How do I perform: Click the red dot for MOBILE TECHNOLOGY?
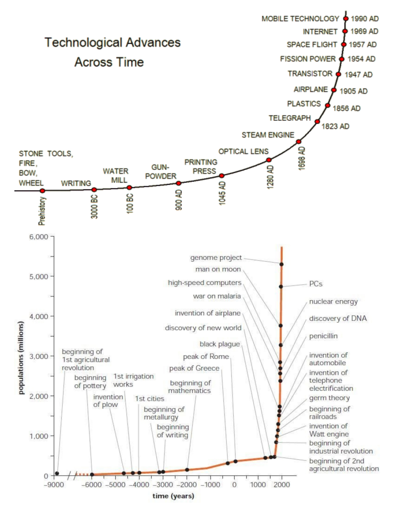pyautogui.click(x=346, y=19)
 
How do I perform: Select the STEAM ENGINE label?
pyautogui.click(x=268, y=135)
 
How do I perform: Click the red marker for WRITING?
pyautogui.click(x=94, y=190)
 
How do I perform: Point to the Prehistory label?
pyautogui.click(x=42, y=211)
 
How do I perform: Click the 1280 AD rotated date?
pyautogui.click(x=271, y=176)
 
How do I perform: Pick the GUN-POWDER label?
pyautogui.click(x=161, y=172)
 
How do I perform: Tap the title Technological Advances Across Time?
pyautogui.click(x=113, y=52)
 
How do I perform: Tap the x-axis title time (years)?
pyautogui.click(x=173, y=496)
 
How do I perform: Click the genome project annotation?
pyautogui.click(x=216, y=257)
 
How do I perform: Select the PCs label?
pyautogui.click(x=316, y=284)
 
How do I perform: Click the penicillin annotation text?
pyautogui.click(x=323, y=336)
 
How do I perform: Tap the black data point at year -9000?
pyautogui.click(x=57, y=473)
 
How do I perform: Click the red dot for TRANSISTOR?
pyautogui.click(x=338, y=74)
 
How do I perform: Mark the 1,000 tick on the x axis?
pyautogui.click(x=258, y=484)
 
